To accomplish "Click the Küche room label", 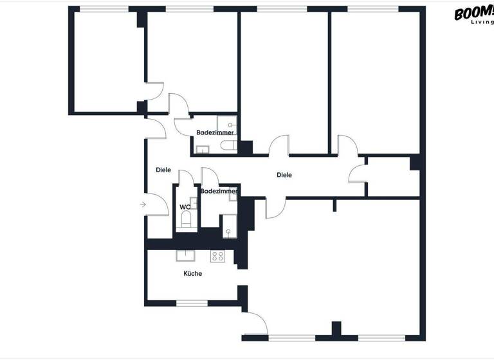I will pyautogui.click(x=192, y=273).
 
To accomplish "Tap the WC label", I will pyautogui.click(x=185, y=207).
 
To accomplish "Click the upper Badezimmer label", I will pyautogui.click(x=215, y=132).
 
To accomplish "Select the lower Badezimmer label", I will pyautogui.click(x=219, y=191).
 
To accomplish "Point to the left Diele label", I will pyautogui.click(x=163, y=170).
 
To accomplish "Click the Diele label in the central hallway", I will pyautogui.click(x=284, y=175).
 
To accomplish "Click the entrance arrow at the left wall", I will pyautogui.click(x=142, y=204).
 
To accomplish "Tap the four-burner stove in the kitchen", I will pyautogui.click(x=218, y=255).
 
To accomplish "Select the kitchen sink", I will pyautogui.click(x=187, y=255).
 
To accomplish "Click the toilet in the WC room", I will pyautogui.click(x=187, y=221).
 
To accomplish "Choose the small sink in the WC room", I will pyautogui.click(x=194, y=203).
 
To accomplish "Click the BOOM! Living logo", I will pyautogui.click(x=473, y=14).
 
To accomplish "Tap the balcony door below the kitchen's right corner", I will pyautogui.click(x=256, y=321).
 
